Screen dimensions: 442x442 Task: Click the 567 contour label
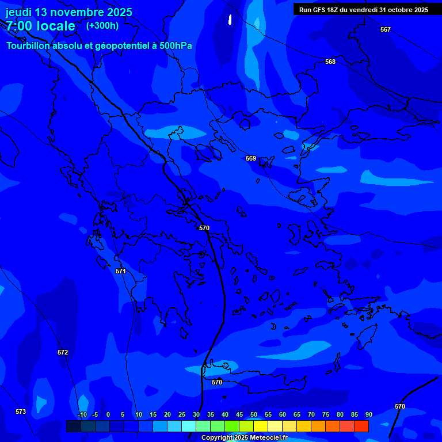click(386, 29)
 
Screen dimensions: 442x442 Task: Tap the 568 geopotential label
click(330, 62)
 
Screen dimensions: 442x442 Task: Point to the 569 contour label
click(251, 158)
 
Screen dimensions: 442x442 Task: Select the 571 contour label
click(121, 271)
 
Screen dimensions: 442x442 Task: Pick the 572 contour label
click(63, 352)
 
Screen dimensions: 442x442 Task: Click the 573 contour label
click(21, 411)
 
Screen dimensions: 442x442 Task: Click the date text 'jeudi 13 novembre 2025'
click(69, 12)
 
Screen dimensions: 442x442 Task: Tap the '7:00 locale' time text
click(40, 26)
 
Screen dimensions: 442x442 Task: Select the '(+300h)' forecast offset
click(102, 26)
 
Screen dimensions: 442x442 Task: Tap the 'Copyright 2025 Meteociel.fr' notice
click(244, 438)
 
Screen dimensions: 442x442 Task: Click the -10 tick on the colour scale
click(82, 414)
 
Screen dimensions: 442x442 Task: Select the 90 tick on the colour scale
click(368, 414)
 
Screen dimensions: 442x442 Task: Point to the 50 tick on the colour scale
click(254, 414)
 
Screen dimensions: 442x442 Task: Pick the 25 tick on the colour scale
click(182, 414)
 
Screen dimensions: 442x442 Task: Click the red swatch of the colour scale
click(361, 426)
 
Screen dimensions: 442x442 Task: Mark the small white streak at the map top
click(230, 20)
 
